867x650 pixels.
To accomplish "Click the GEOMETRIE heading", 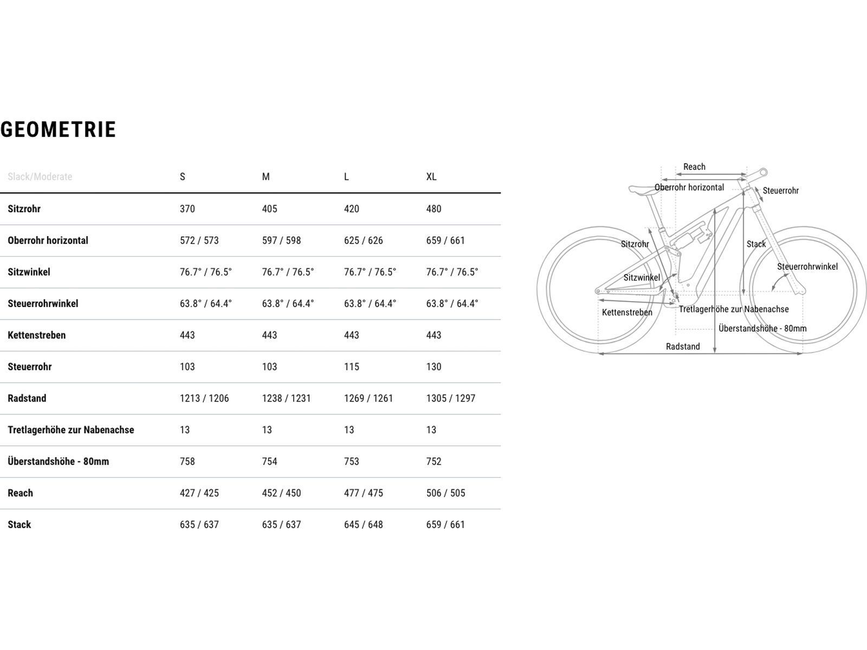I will coord(59,130).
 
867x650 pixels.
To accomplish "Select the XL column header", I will coord(431,177).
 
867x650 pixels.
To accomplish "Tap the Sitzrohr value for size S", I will coord(187,209).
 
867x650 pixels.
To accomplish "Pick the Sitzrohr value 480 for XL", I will coord(433,209).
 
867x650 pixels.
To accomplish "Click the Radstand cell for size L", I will coord(368,398).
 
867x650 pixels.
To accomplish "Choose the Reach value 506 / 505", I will coord(445,493).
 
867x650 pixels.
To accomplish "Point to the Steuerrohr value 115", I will coord(352,367).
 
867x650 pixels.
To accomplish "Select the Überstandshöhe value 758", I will coord(187,461).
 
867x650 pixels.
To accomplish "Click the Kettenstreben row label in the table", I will coord(37,335).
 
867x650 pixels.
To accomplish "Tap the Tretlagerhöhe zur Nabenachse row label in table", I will coord(71,430).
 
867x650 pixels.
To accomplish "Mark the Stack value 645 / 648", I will coord(364,524).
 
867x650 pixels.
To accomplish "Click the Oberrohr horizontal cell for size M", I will coord(281,240).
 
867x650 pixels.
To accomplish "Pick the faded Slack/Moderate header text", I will coord(40,177).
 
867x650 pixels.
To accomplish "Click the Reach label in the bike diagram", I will coord(694,167).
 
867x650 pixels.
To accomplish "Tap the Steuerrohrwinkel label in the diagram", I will coord(807,266).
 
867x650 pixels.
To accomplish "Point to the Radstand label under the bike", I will coord(683,347).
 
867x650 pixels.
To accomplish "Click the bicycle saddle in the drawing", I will coord(642,190).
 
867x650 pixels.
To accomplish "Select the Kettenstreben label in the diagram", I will coord(627,313).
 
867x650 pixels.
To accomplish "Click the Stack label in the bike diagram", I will coord(756,244).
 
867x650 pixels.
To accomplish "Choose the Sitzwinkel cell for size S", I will coord(206,272).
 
